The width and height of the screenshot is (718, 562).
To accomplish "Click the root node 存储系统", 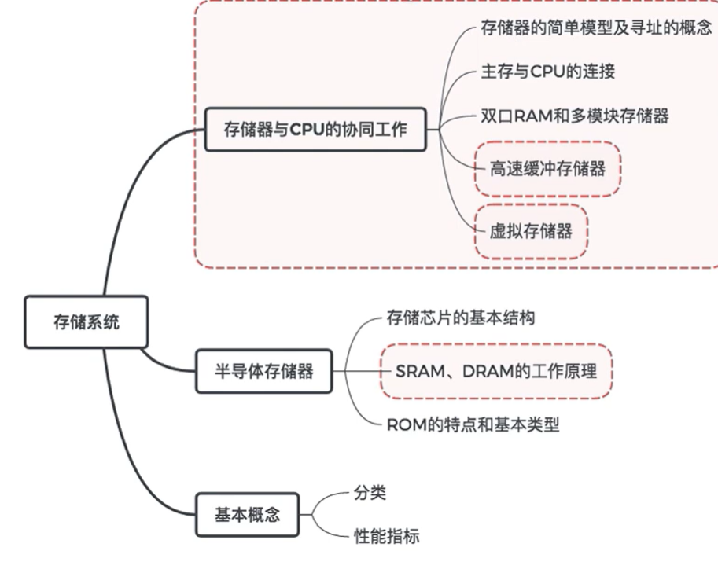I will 86,321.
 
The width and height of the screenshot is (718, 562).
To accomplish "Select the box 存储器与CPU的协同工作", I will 315,130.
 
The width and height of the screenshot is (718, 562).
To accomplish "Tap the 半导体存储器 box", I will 263,369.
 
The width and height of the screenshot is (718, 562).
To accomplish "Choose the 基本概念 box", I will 247,516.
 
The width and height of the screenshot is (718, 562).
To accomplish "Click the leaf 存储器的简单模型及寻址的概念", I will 596,28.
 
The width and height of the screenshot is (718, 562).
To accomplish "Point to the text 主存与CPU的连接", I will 547,72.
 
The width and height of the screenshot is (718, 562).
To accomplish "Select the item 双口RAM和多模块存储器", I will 574,116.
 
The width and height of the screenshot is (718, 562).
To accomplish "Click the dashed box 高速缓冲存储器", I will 547,167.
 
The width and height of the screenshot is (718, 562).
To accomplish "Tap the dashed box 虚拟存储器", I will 531,231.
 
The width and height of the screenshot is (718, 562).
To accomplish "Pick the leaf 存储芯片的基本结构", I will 462,318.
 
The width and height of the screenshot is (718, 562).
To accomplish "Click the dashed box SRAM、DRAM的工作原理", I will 496,370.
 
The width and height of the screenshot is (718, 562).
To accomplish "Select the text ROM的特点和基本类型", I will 473,424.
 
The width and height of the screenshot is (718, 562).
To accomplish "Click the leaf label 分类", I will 369,494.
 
